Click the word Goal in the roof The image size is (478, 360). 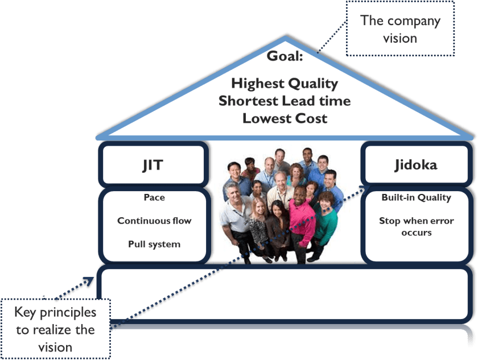pos(285,56)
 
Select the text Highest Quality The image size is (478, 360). pos(285,84)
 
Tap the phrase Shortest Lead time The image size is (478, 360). pos(285,101)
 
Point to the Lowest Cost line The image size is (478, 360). pos(285,118)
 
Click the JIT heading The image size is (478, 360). pos(152,165)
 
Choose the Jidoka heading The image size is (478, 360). pos(415,165)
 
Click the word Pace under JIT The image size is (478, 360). pos(154,197)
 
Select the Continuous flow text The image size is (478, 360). pos(154,221)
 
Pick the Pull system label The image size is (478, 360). pos(154,244)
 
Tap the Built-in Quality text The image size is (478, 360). pos(416,197)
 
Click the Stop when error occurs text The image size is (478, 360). pos(416,226)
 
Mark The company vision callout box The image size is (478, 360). pos(400,30)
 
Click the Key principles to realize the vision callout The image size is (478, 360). pos(55,329)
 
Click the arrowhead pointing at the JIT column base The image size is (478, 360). pos(89,280)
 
